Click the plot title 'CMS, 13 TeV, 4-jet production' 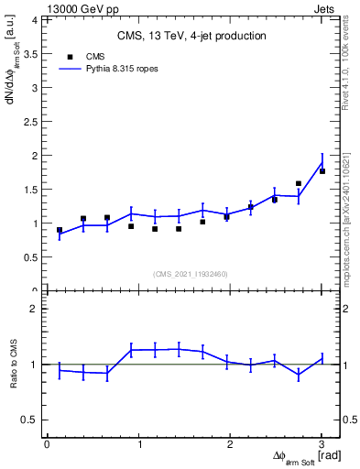tap(191, 36)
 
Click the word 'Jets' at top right tap(327, 6)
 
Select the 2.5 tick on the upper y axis tap(31, 122)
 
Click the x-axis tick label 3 tap(322, 444)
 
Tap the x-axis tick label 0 tap(47, 444)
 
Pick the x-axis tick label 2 tap(230, 444)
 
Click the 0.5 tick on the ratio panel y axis tap(31, 420)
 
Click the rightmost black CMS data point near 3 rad tap(322, 171)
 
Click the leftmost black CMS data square tap(60, 230)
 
